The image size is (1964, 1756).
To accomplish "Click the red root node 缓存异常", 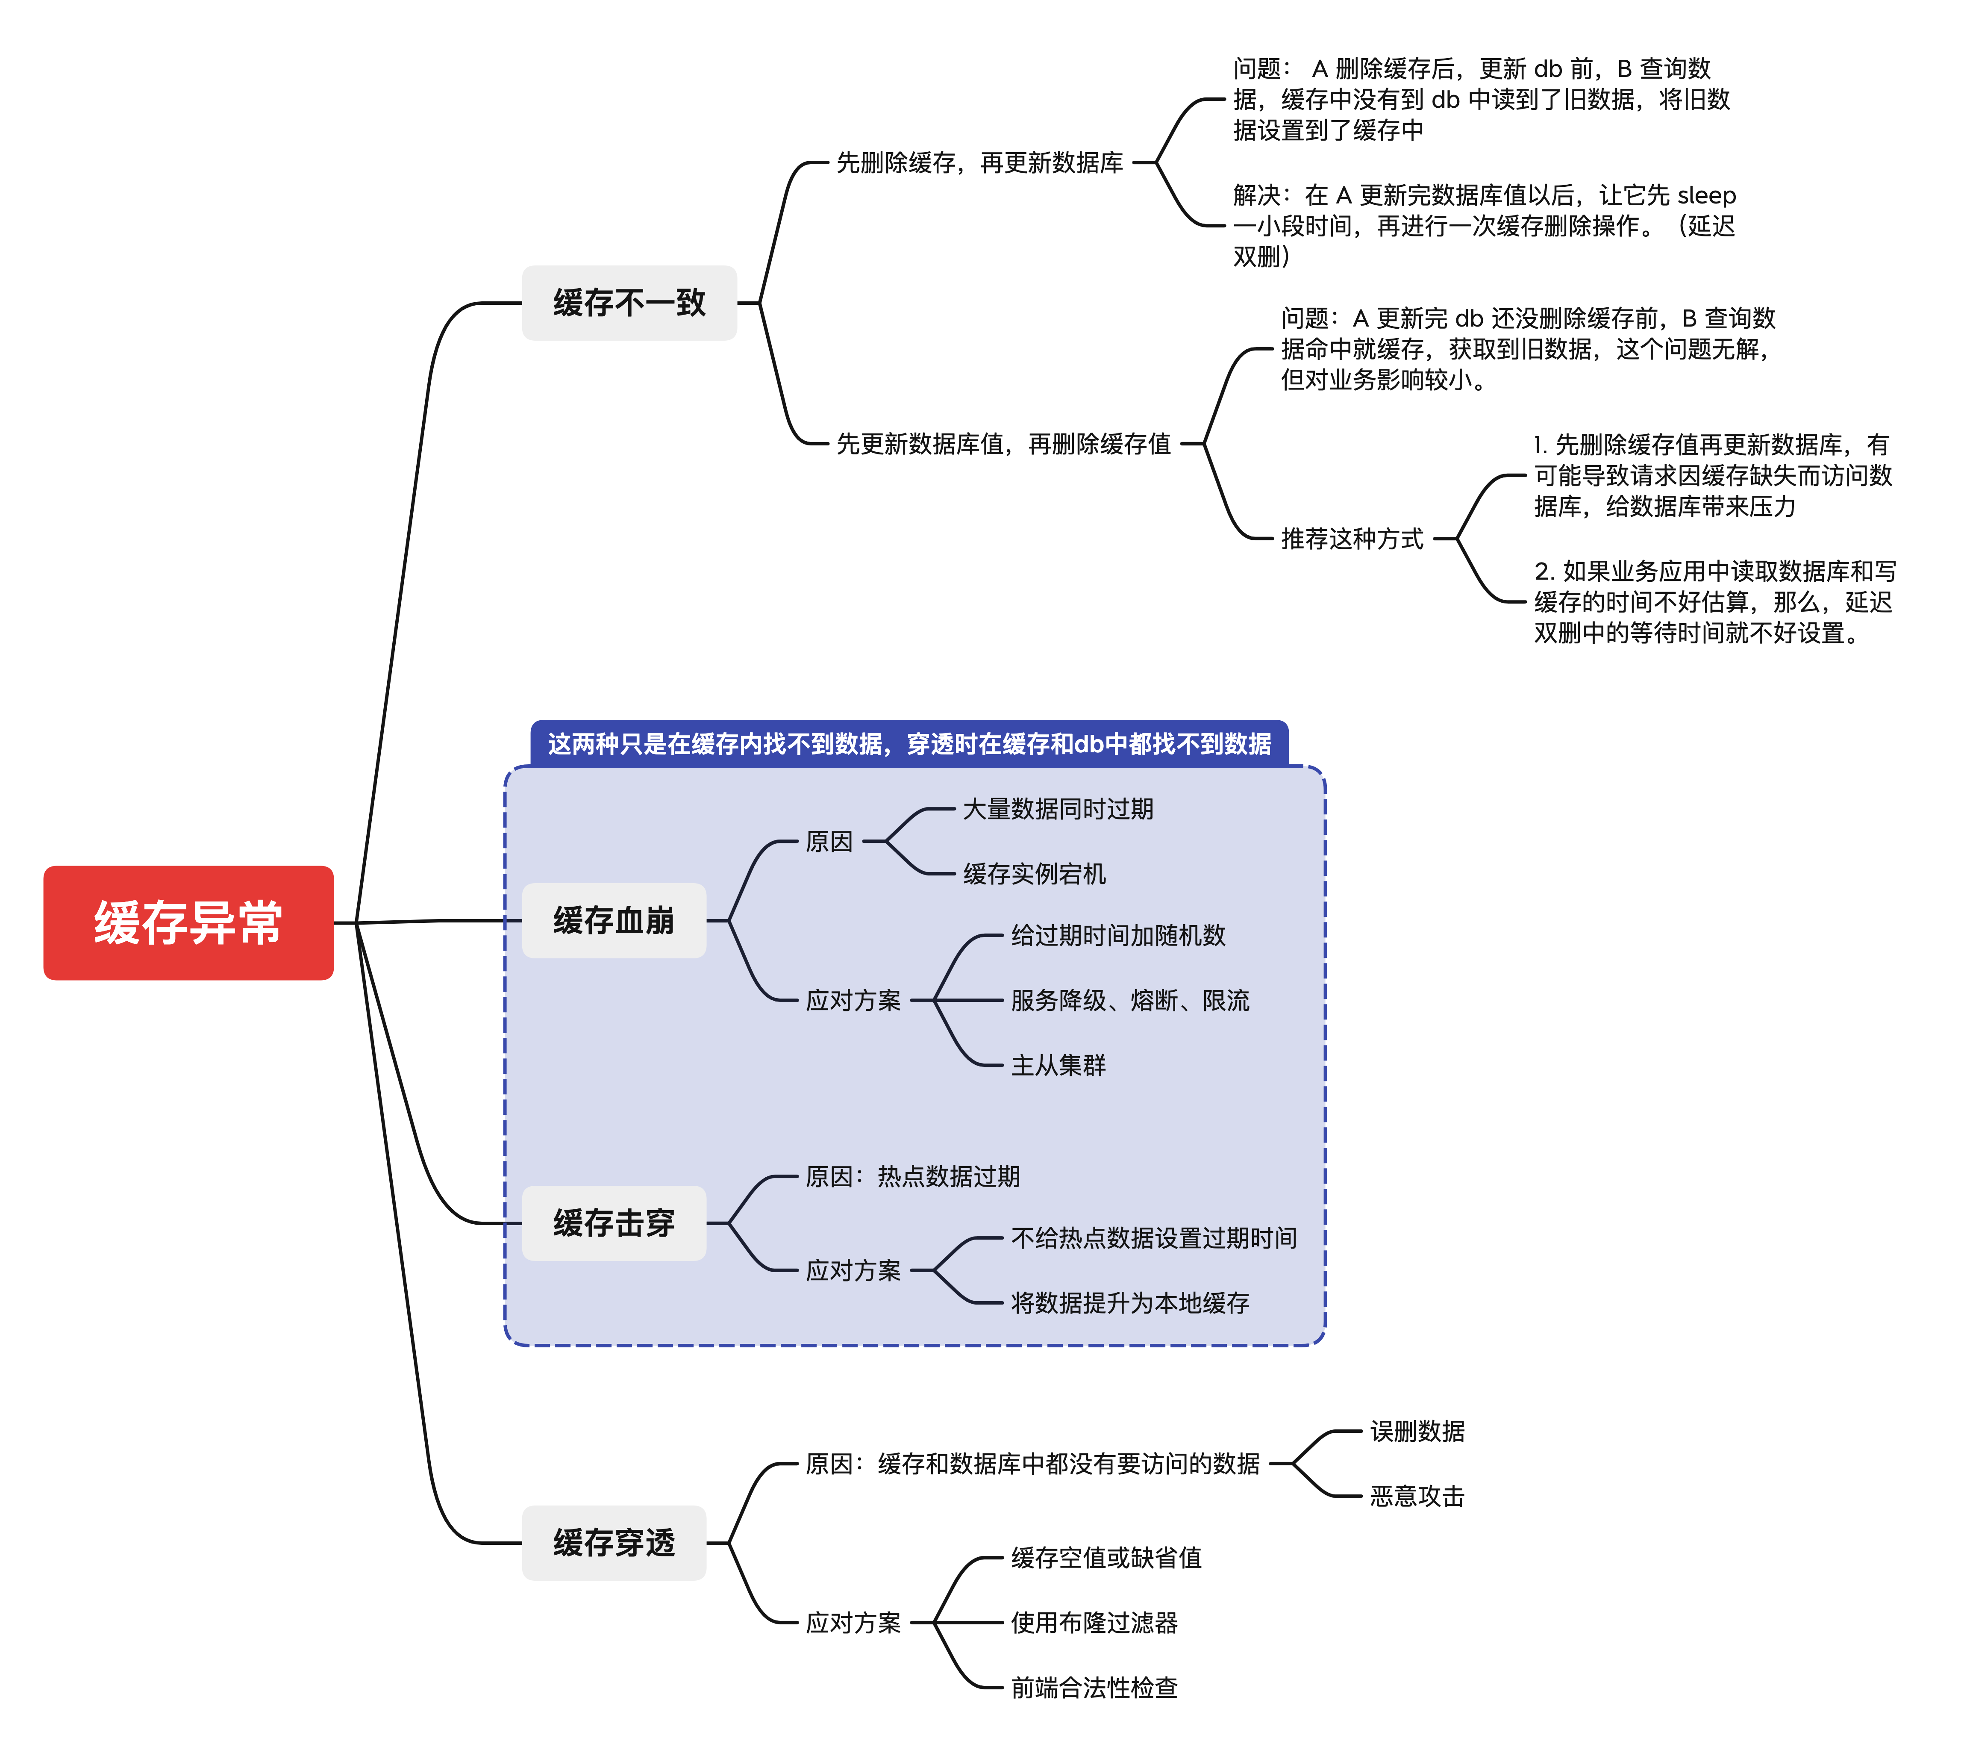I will (188, 922).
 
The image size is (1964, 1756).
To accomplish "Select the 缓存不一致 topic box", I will (629, 303).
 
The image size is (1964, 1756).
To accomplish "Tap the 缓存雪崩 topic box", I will (614, 920).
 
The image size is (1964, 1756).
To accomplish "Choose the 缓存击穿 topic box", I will (614, 1223).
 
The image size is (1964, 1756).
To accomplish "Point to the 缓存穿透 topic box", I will (614, 1543).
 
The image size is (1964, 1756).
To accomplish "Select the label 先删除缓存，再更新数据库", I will (979, 163).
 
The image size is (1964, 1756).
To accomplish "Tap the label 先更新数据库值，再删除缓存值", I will (1003, 444).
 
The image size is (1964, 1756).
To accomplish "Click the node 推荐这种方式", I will (1352, 538).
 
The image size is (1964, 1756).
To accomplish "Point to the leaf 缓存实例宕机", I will (1034, 874).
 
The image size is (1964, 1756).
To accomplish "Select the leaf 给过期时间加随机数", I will (1118, 935).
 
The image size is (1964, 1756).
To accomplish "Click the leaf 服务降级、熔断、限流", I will (1129, 1001).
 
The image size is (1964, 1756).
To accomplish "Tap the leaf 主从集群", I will (1058, 1065).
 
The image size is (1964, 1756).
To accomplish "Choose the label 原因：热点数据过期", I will (912, 1176).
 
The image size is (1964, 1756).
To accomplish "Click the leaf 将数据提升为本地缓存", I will (1129, 1303).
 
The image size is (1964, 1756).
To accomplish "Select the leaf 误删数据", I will (1417, 1431).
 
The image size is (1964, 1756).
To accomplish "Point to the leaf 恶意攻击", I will (1417, 1497).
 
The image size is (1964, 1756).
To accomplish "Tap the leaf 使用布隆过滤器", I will (1094, 1623).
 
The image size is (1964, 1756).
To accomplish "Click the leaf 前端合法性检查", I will (1094, 1688).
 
